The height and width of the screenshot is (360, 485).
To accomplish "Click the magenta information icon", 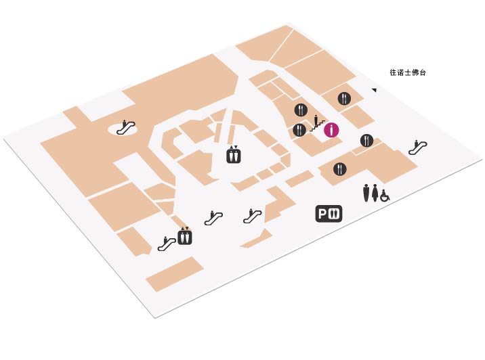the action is click(331, 130).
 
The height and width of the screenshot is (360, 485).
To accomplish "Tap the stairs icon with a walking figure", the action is click(317, 123).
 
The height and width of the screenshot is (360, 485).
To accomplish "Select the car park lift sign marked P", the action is click(329, 214).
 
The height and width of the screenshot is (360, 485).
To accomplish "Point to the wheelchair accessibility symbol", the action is click(385, 196).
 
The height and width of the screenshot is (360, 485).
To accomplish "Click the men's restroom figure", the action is click(366, 193).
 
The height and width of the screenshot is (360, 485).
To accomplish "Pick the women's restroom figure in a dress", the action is click(375, 193).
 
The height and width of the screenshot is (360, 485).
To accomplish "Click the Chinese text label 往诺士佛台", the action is click(408, 72).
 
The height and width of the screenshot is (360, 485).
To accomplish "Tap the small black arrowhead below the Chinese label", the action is click(375, 90).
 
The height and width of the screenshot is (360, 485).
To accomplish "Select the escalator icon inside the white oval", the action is click(126, 128).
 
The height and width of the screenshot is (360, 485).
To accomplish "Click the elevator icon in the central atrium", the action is click(234, 154).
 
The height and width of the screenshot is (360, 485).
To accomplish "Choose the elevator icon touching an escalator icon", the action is click(185, 235).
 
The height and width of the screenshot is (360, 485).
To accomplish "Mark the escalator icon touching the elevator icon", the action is click(167, 244).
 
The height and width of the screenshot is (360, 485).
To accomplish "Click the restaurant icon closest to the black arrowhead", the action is click(344, 99).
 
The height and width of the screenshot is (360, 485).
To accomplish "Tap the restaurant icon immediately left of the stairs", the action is click(299, 130).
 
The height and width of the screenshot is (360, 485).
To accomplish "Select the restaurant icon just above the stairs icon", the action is click(301, 110).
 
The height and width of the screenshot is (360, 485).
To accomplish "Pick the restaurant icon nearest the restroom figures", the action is click(340, 169).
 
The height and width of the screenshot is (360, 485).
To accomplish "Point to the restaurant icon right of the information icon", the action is click(366, 141).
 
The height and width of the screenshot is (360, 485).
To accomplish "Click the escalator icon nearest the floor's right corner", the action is click(417, 148).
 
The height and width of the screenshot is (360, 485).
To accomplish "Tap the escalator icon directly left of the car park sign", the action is click(253, 216).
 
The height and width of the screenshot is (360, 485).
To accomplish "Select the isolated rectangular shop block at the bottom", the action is click(175, 274).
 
